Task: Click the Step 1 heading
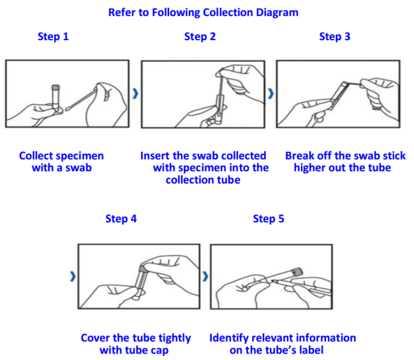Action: pos(53,36)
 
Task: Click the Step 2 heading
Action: pos(200,36)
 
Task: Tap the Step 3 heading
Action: pos(334,36)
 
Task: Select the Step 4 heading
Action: pos(121,219)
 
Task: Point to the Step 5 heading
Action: pos(269,219)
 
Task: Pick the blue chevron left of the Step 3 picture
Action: pos(270,93)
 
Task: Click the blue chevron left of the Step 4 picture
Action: pos(71,276)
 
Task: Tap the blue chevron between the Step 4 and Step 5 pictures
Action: pos(205,276)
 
